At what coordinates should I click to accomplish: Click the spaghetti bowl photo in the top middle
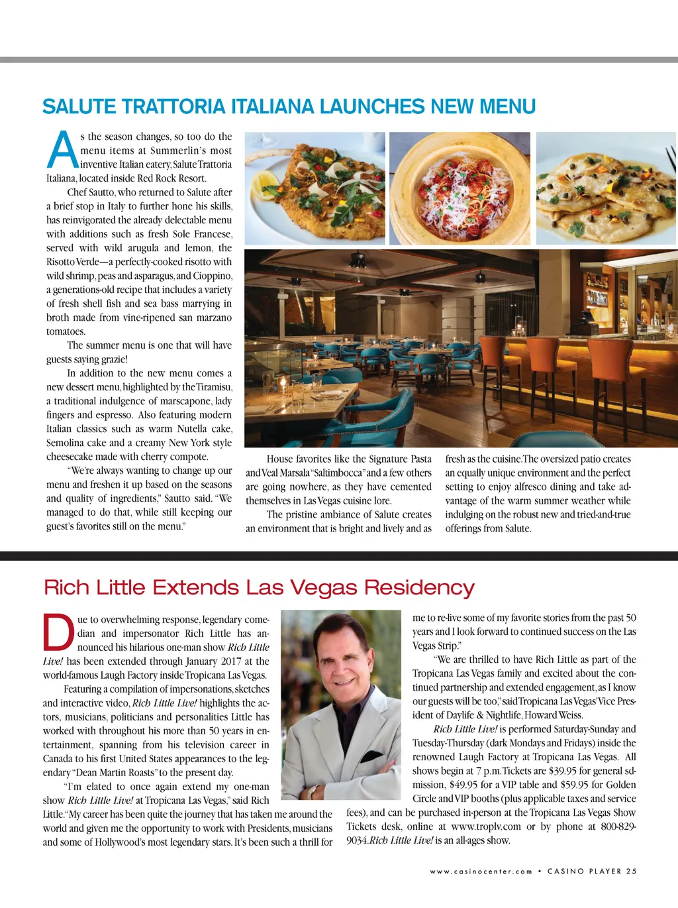(x=460, y=188)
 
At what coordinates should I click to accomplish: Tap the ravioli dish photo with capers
(x=606, y=188)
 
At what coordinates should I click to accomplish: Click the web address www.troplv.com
(x=485, y=826)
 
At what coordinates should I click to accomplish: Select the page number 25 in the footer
(x=631, y=872)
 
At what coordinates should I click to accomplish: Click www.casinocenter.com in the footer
(x=481, y=872)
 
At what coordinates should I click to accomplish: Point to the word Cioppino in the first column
(x=213, y=276)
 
